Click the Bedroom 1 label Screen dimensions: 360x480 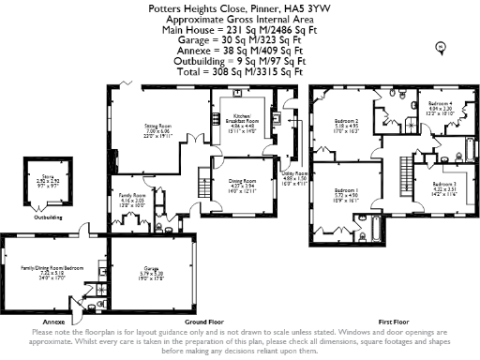pyautogui.click(x=347, y=194)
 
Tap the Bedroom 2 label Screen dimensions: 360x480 pyautogui.click(x=348, y=121)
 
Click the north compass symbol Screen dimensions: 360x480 pyautogui.click(x=440, y=46)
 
